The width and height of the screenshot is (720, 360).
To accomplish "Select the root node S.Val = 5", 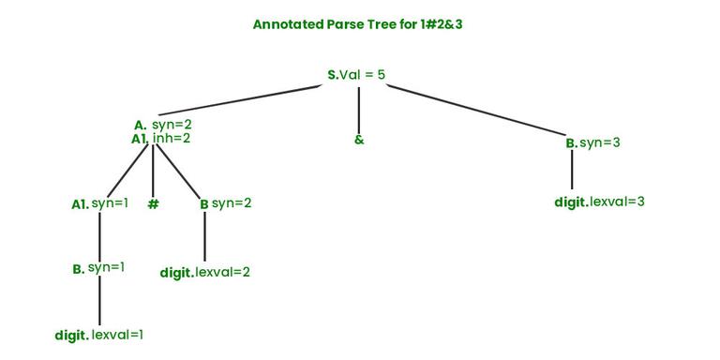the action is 356,74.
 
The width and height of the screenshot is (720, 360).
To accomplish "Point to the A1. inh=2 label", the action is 160,139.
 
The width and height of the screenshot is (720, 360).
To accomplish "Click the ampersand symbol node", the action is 359,140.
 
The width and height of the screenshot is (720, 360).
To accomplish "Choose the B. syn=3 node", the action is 592,142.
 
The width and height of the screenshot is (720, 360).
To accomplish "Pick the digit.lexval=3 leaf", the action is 599,202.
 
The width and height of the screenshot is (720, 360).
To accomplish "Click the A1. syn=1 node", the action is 99,203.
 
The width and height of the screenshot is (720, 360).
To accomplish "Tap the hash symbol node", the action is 153,203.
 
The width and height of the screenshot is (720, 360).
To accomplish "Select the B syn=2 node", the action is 225,203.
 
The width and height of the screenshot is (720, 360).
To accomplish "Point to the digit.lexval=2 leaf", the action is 204,272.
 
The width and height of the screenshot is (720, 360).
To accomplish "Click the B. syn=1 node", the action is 98,268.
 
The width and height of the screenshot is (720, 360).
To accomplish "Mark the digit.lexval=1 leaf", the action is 98,334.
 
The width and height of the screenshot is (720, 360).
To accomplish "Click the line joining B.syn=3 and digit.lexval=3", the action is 572,171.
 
